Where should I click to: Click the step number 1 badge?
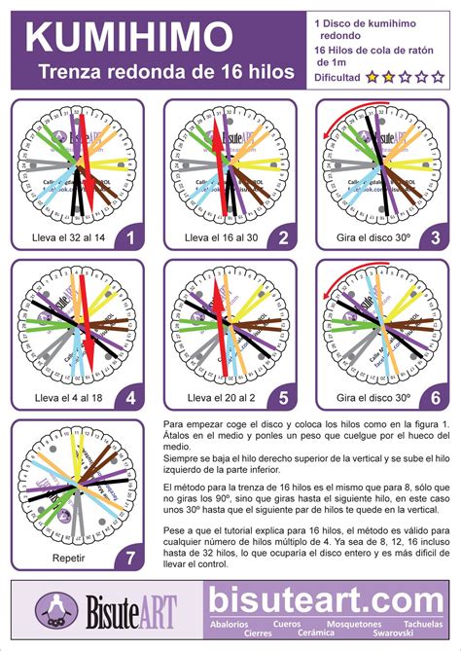point(129,235)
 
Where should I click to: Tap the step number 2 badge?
point(283,235)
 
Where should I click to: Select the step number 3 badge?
point(435,235)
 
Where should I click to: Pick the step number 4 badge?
point(129,396)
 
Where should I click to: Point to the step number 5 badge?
point(283,396)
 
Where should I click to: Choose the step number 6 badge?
point(435,396)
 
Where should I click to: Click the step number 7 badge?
point(129,558)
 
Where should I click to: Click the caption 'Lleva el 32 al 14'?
point(65,236)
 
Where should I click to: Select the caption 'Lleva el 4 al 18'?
point(65,398)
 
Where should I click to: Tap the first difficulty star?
point(372,76)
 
